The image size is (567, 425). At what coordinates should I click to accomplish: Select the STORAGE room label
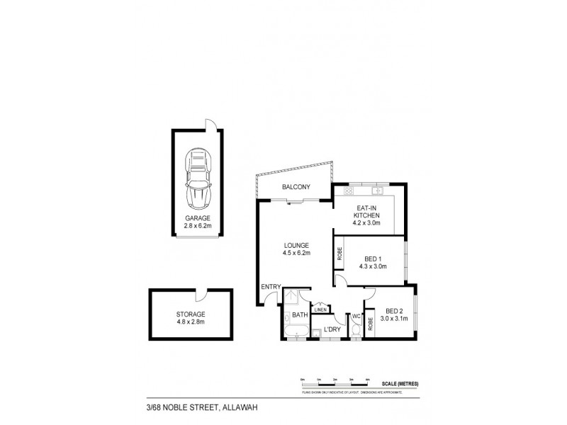click(x=191, y=314)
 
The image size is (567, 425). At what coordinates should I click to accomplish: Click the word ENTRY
click(x=271, y=287)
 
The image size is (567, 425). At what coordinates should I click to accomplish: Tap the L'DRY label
click(x=332, y=330)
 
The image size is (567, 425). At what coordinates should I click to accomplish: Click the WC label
click(x=357, y=315)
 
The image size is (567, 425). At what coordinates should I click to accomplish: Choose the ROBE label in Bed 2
click(x=371, y=325)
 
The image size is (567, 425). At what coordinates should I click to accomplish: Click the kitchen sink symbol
click(x=378, y=191)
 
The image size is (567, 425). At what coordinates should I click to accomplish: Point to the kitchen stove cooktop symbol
click(x=348, y=192)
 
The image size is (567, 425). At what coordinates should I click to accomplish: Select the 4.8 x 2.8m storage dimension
click(x=191, y=322)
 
